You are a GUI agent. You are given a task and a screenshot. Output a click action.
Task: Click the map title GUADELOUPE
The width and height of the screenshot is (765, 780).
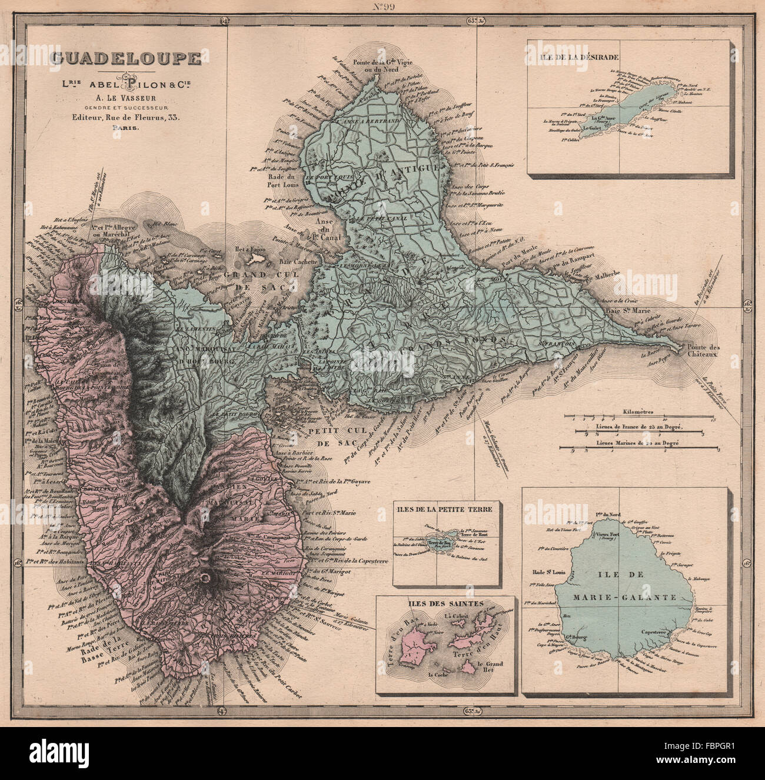point(126,58)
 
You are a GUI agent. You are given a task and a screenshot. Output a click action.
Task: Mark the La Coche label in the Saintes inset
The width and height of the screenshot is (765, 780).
point(439,675)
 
